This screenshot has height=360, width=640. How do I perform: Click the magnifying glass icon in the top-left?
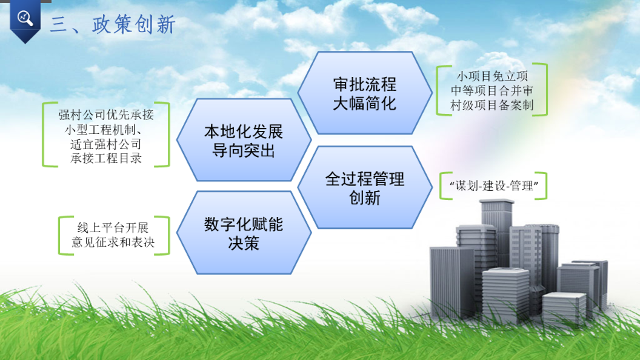[24, 19]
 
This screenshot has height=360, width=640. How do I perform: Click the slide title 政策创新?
[133, 25]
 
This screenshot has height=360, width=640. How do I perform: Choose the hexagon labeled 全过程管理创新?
[364, 188]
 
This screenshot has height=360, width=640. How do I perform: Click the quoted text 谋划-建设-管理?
[492, 186]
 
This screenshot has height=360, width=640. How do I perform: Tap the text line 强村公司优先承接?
[107, 116]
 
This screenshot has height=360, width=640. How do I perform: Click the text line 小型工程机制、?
[107, 130]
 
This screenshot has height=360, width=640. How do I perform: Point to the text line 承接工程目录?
[107, 158]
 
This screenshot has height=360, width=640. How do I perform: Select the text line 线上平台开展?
[113, 227]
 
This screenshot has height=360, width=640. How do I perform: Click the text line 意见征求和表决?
[113, 242]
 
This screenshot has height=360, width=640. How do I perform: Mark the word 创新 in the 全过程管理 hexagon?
[364, 198]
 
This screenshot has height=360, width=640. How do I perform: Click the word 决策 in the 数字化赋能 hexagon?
[243, 243]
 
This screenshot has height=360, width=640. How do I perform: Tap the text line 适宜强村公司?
[107, 144]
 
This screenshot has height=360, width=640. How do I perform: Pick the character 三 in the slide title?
[61, 25]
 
